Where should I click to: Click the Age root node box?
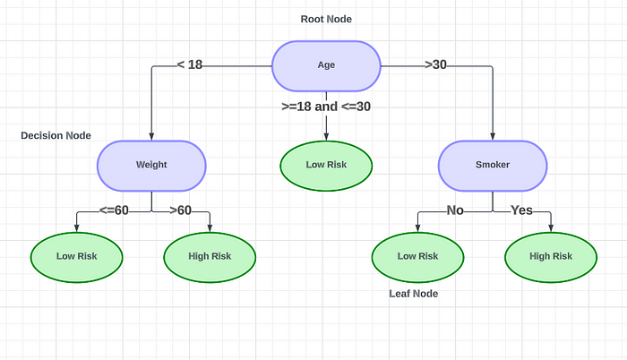tap(326, 65)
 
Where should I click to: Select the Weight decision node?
tap(151, 165)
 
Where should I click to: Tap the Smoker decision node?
tap(492, 165)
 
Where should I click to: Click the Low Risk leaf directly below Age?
tap(326, 165)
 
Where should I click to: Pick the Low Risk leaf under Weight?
tap(77, 256)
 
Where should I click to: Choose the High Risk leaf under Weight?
tap(210, 256)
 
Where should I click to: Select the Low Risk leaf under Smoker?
tap(417, 256)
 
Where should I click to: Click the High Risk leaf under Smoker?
tap(551, 256)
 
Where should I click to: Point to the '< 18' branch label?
tap(190, 64)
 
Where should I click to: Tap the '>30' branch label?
tap(435, 64)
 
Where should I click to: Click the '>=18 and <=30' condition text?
tap(326, 106)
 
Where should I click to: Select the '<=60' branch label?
tap(114, 210)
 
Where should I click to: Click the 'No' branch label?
tap(454, 210)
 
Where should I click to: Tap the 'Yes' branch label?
tap(522, 210)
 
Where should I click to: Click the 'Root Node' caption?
tap(326, 19)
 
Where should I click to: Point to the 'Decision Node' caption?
tap(56, 135)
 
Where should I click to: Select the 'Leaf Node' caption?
tap(413, 293)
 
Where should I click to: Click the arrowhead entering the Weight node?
tap(151, 136)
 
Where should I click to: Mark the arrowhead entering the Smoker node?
tap(492, 136)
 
